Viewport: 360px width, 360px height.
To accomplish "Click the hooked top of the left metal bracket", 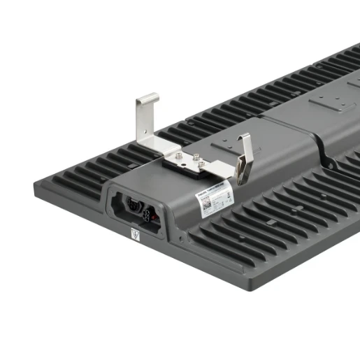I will point(147,98).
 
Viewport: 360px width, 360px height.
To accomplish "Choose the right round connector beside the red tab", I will point(148,208).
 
